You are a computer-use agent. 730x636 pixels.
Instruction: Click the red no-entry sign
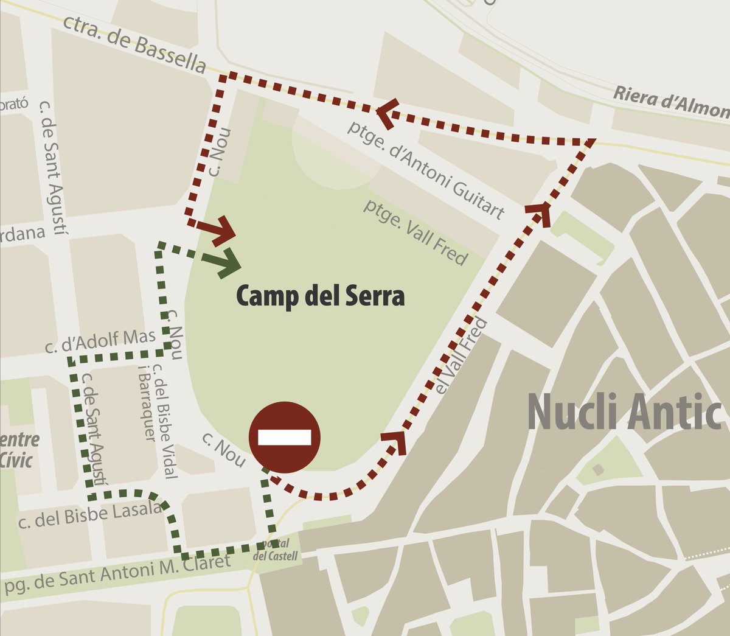[285, 437]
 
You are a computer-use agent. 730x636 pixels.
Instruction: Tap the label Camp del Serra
[320, 296]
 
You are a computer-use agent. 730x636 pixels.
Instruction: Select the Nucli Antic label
[624, 413]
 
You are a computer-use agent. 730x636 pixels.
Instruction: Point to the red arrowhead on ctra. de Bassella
[387, 111]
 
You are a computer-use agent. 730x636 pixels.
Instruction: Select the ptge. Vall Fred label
[416, 232]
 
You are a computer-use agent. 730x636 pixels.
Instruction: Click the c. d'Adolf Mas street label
[100, 341]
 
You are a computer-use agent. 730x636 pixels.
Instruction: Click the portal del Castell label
[276, 550]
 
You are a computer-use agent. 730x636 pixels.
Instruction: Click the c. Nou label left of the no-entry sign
[223, 450]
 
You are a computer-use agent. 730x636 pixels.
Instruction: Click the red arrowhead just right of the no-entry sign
[395, 441]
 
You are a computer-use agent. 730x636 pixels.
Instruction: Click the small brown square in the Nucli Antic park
[598, 469]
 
